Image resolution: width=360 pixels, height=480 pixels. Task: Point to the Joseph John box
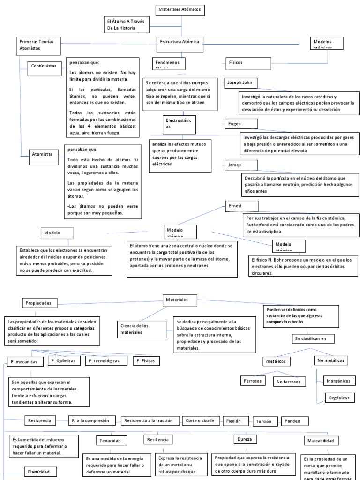tap(241, 82)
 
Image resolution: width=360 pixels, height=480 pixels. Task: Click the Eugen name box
tap(241, 125)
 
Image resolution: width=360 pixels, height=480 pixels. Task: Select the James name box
tap(241, 165)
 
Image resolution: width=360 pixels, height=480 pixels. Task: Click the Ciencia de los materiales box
tap(141, 329)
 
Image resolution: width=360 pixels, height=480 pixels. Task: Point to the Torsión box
tap(264, 421)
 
